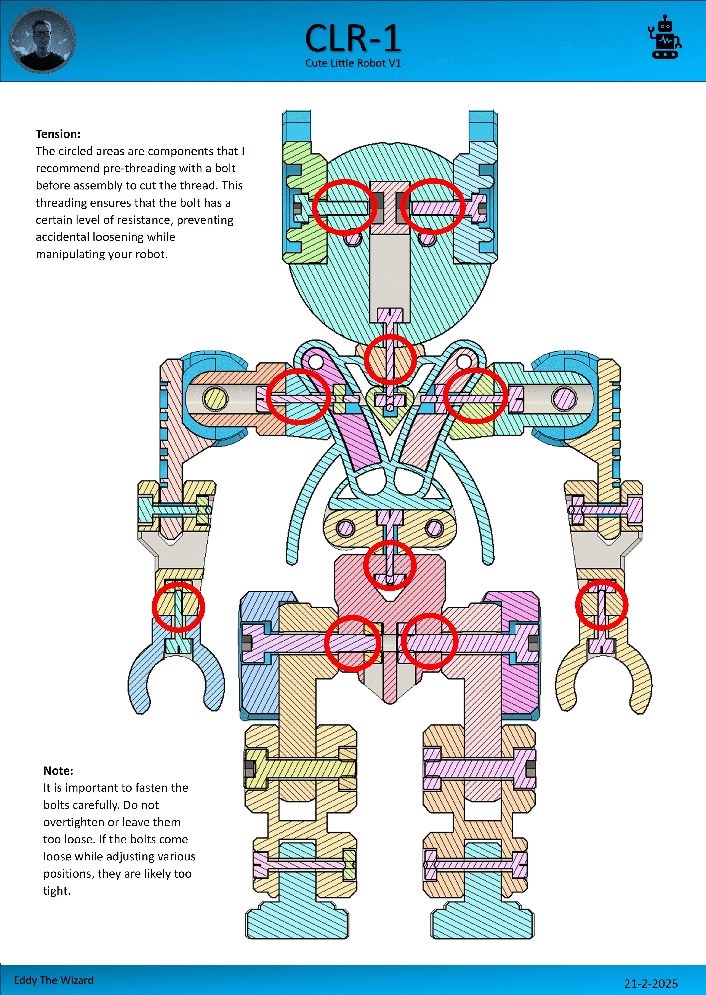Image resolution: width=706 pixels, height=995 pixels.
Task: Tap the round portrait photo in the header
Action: click(42, 40)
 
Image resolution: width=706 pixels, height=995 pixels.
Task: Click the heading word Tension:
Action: click(58, 134)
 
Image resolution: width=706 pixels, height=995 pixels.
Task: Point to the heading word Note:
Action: click(58, 771)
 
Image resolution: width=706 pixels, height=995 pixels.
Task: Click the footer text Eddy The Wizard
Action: click(54, 980)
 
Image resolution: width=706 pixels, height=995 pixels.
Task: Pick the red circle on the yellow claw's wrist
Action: click(602, 605)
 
